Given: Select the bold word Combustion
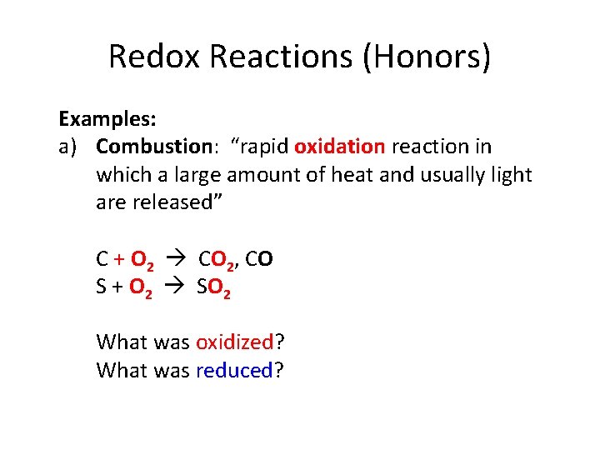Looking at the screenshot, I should tap(154, 147).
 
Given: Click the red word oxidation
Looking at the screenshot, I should tap(340, 147).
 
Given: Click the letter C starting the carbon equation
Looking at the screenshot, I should tap(102, 260).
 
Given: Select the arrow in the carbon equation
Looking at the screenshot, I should tap(179, 261).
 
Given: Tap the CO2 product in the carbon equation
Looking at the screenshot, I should tap(214, 261).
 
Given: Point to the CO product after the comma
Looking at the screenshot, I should tap(259, 260).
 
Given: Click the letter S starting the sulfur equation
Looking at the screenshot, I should tap(102, 287).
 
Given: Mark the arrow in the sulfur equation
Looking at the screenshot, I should tap(179, 288).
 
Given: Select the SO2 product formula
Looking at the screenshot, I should tap(214, 288).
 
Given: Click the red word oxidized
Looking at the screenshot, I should tap(234, 342).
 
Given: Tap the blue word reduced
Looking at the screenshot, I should tap(234, 370).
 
